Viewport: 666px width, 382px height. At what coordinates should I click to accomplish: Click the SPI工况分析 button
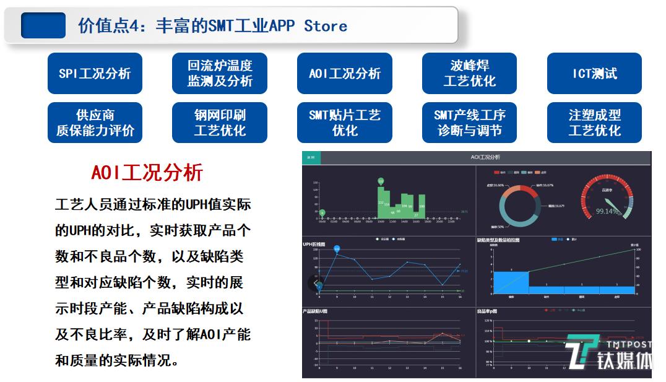pyautogui.click(x=95, y=73)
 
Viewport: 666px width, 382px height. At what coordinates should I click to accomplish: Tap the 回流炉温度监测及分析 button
pyautogui.click(x=220, y=73)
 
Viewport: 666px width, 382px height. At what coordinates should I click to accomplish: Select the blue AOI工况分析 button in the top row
pyautogui.click(x=344, y=73)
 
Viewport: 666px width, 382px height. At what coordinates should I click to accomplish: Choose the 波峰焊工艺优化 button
pyautogui.click(x=469, y=73)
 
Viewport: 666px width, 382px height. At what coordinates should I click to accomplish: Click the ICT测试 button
pyautogui.click(x=594, y=73)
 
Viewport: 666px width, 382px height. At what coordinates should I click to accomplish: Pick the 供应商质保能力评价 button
pyautogui.click(x=95, y=123)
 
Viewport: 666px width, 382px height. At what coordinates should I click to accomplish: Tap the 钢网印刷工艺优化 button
pyautogui.click(x=220, y=123)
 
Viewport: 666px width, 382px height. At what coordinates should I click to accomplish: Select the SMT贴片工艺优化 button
pyautogui.click(x=344, y=123)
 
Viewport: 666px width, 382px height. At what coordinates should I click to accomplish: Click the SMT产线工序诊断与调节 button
pyautogui.click(x=469, y=123)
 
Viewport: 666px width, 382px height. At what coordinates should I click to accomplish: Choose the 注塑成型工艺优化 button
pyautogui.click(x=594, y=123)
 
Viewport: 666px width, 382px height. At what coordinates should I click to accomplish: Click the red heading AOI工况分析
pyautogui.click(x=147, y=173)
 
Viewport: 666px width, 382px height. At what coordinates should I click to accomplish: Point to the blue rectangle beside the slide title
pyautogui.click(x=43, y=25)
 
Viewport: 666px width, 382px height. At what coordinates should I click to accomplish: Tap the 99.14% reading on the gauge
pyautogui.click(x=607, y=211)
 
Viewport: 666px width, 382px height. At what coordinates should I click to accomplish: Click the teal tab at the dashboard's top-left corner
pyautogui.click(x=311, y=157)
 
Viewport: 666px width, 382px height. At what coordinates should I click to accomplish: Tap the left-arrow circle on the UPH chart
pyautogui.click(x=316, y=284)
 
